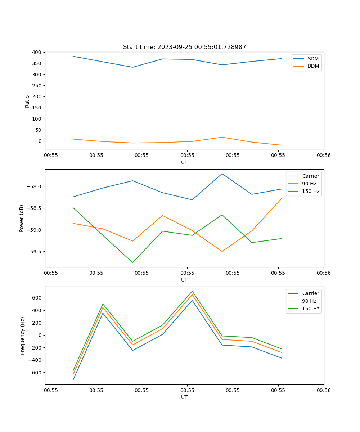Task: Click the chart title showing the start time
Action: (184, 47)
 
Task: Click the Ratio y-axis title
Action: (27, 101)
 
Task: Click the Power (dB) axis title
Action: (22, 218)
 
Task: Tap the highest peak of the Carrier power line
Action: (222, 174)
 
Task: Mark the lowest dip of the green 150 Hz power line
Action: (132, 262)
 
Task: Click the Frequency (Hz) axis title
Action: (23, 336)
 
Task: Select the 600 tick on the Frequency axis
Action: (37, 298)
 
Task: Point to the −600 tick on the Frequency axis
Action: (35, 373)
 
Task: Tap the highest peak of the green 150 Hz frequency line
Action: (192, 291)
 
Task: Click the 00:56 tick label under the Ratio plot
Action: (323, 156)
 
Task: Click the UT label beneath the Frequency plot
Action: (184, 397)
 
